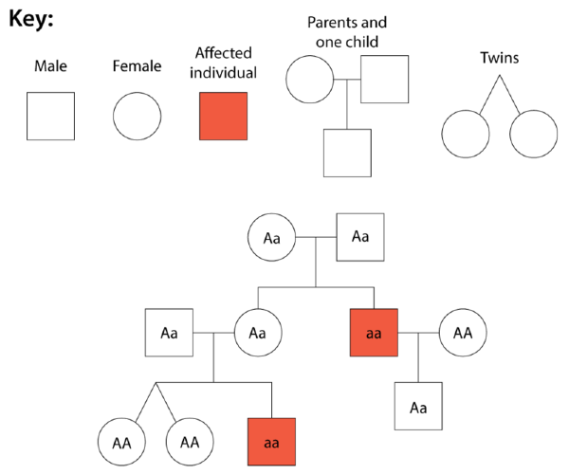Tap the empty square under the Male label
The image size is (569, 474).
50,117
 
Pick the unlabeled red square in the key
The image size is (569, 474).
223,117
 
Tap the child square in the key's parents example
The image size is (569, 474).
347,153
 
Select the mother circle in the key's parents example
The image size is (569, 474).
310,80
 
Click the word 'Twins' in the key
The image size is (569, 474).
499,59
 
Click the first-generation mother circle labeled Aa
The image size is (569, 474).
271,237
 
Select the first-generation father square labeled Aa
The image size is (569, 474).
360,237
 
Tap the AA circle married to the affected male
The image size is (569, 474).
463,333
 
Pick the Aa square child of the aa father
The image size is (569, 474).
418,408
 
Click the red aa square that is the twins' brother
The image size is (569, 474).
271,442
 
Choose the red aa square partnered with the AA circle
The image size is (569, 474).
374,333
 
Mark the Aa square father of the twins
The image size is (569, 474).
169,333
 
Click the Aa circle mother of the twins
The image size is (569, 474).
257,333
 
